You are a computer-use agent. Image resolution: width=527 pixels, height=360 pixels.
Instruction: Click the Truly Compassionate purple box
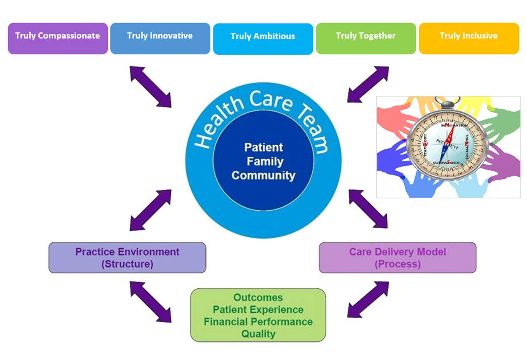pyautogui.click(x=58, y=38)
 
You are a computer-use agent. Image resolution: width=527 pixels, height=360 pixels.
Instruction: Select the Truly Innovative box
pyautogui.click(x=160, y=38)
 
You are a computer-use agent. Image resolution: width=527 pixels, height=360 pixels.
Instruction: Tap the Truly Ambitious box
pyautogui.click(x=263, y=39)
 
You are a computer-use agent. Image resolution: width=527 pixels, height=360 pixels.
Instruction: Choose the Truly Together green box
pyautogui.click(x=366, y=38)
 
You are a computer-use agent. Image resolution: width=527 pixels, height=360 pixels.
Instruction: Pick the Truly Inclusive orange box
pyautogui.click(x=469, y=38)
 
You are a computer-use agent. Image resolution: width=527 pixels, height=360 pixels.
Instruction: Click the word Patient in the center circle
pyautogui.click(x=263, y=147)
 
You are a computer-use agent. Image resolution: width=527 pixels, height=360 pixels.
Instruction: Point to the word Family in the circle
pyautogui.click(x=265, y=161)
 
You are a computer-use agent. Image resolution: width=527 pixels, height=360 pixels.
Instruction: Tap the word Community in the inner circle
pyautogui.click(x=263, y=175)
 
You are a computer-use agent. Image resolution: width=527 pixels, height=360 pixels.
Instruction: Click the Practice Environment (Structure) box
pyautogui.click(x=127, y=258)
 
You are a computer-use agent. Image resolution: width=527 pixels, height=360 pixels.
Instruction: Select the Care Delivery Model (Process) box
pyautogui.click(x=397, y=258)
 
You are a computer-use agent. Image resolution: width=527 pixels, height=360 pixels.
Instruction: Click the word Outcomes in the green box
pyautogui.click(x=258, y=297)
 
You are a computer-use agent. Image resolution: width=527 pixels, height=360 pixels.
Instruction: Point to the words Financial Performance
pyautogui.click(x=258, y=321)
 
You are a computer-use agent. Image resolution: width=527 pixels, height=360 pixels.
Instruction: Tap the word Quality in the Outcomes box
pyautogui.click(x=258, y=334)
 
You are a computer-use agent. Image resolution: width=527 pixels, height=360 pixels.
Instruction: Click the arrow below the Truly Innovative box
pyautogui.click(x=150, y=87)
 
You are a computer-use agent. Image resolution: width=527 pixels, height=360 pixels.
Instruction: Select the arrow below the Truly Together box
pyautogui.click(x=368, y=85)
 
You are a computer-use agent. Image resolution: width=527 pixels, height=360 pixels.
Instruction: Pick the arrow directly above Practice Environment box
pyautogui.click(x=150, y=210)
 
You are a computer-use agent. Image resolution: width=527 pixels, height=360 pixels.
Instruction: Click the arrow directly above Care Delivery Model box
pyautogui.click(x=368, y=209)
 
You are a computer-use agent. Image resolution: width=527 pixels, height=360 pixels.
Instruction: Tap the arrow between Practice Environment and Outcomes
pyautogui.click(x=150, y=302)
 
